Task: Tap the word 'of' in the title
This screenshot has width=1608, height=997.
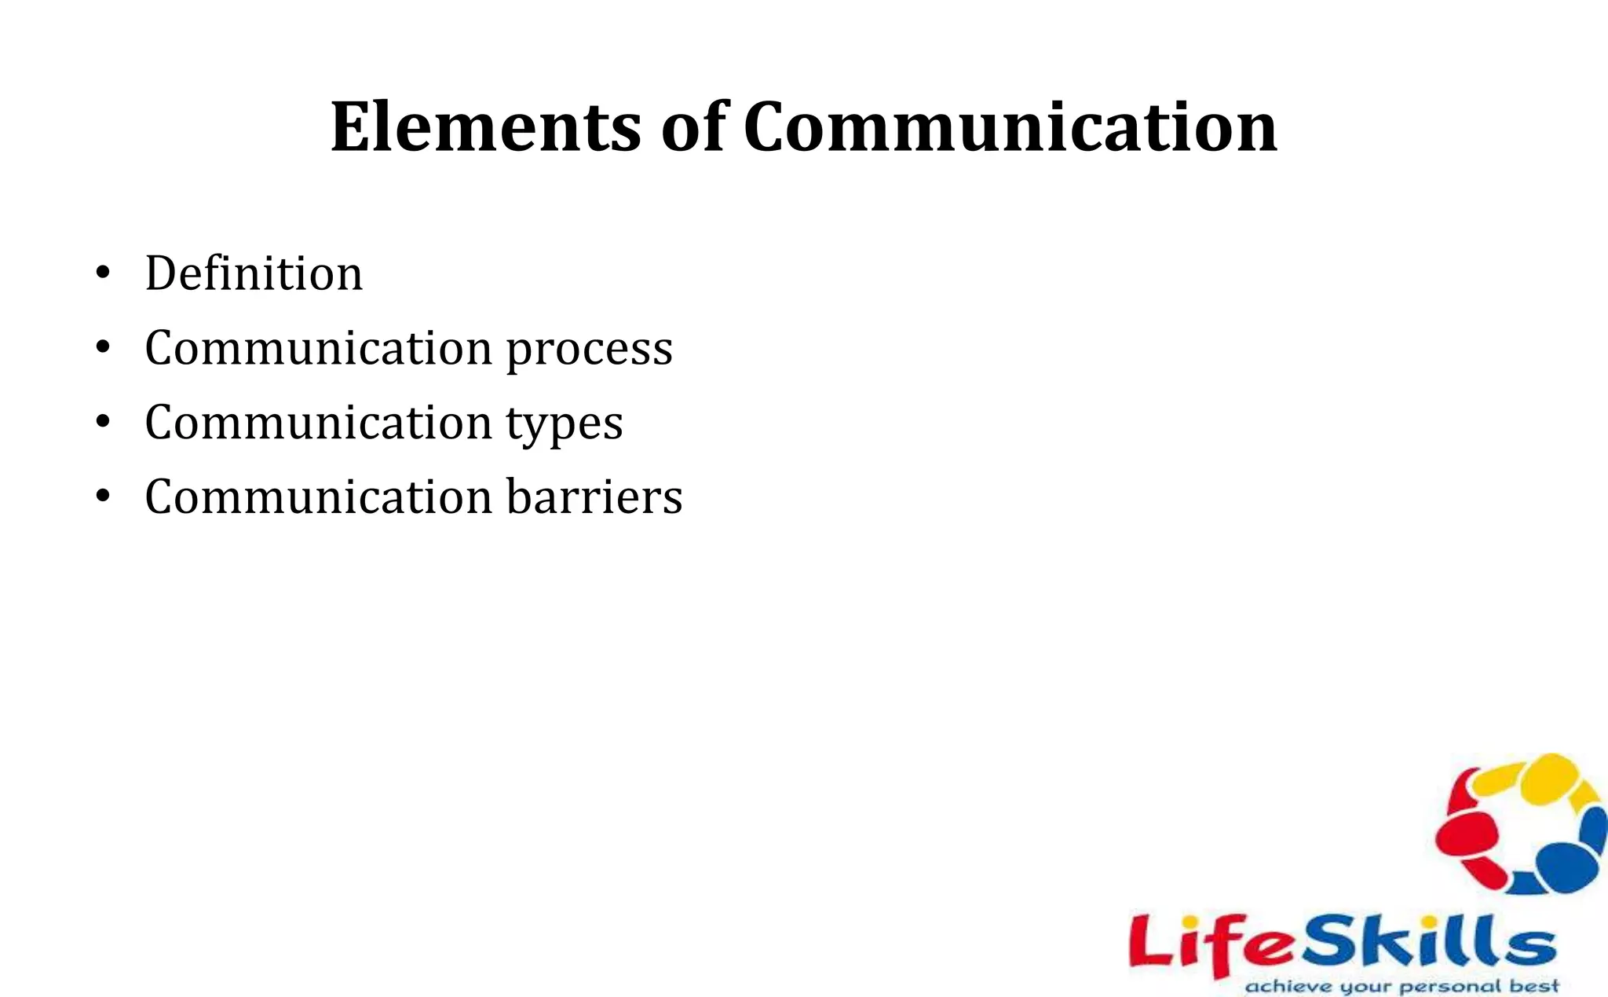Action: point(693,127)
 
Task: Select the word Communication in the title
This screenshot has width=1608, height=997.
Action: point(1010,127)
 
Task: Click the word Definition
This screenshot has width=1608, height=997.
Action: point(254,273)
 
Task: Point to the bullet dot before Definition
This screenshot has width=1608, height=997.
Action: point(102,274)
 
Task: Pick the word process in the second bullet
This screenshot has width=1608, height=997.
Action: point(589,349)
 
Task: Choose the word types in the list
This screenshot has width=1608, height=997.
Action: point(564,423)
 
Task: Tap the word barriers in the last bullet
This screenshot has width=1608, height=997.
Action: point(594,497)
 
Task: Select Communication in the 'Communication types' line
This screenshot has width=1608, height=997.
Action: point(319,422)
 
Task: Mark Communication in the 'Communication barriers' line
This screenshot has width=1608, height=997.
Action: point(319,497)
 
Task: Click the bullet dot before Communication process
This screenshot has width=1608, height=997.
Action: point(102,348)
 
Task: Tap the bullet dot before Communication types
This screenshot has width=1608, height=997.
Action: point(102,423)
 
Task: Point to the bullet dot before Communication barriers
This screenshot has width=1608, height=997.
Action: point(102,497)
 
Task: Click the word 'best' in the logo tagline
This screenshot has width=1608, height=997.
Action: point(1536,985)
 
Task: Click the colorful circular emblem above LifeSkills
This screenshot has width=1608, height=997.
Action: point(1520,825)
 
